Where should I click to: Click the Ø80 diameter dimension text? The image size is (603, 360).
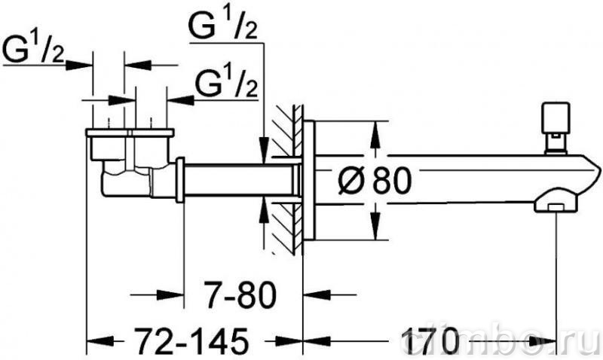(374, 181)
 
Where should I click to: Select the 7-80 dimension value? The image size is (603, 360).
(240, 295)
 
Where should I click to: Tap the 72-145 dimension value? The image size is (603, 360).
(191, 340)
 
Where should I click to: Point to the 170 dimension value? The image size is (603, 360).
(430, 340)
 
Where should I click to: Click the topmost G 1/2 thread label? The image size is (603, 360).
(222, 25)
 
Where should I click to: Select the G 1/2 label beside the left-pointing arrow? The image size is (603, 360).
(227, 84)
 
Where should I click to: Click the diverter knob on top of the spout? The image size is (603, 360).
(556, 127)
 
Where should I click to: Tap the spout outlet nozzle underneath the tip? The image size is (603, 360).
(556, 203)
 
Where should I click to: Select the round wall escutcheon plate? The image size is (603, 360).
(309, 180)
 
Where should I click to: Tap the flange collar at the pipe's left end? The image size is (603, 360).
(180, 180)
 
